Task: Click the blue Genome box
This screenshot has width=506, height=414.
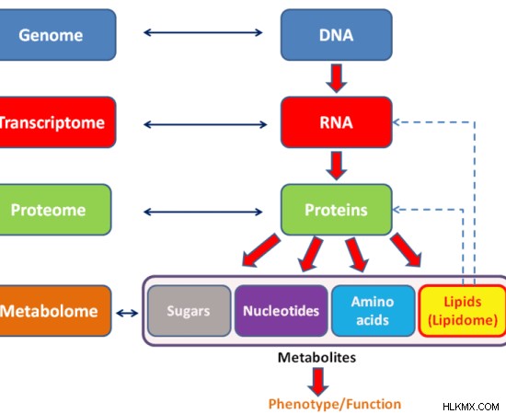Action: click(x=57, y=35)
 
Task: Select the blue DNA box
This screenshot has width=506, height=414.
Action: click(x=337, y=35)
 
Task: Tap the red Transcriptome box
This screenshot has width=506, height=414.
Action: click(x=57, y=122)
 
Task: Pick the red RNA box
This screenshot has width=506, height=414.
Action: click(x=337, y=122)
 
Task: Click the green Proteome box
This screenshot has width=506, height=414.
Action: click(x=55, y=210)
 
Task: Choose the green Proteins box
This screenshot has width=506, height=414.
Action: click(x=337, y=210)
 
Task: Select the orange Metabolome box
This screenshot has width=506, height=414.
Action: click(x=55, y=311)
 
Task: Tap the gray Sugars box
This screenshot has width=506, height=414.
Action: click(x=190, y=311)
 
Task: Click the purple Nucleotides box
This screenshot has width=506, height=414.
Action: click(x=282, y=311)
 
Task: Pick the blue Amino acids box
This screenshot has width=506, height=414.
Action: click(x=373, y=311)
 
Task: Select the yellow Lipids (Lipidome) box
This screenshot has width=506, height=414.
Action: click(x=463, y=311)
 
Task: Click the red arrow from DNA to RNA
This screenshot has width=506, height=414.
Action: click(x=337, y=78)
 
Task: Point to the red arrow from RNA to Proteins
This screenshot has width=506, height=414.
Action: click(x=337, y=166)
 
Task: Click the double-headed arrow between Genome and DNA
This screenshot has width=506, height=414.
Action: click(x=203, y=32)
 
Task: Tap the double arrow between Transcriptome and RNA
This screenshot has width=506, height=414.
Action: click(x=205, y=124)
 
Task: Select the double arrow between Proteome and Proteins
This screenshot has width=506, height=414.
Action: click(x=203, y=212)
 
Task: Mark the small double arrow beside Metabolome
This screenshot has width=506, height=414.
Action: click(x=127, y=313)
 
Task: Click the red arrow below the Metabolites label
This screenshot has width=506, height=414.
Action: click(x=318, y=382)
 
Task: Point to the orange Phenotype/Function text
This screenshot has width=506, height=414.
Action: click(x=335, y=404)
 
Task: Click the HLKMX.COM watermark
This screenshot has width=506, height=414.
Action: click(x=471, y=407)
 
